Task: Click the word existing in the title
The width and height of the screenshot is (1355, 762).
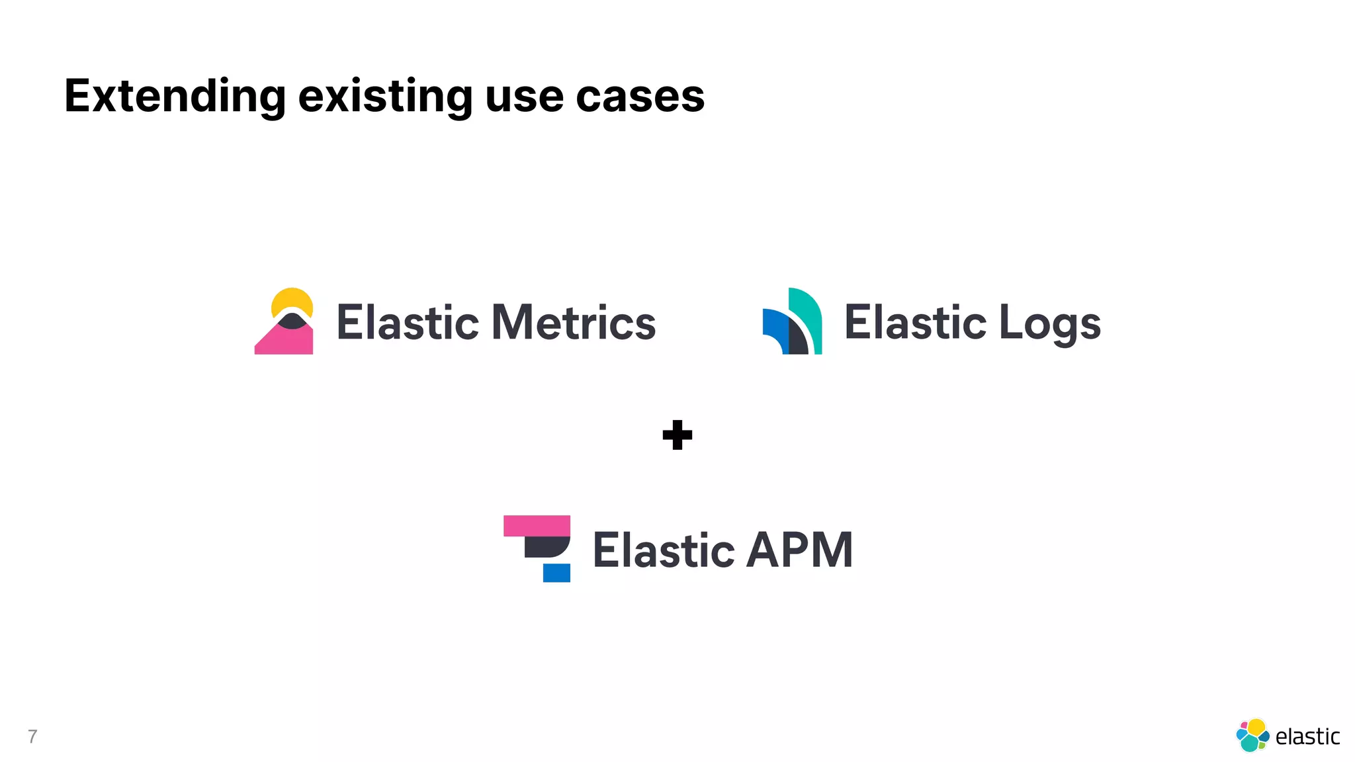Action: pyautogui.click(x=385, y=97)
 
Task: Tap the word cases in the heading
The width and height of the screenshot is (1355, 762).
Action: pyautogui.click(x=640, y=97)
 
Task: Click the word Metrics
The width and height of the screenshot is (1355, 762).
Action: pyautogui.click(x=573, y=323)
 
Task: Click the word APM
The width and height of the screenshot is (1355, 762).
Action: pyautogui.click(x=799, y=550)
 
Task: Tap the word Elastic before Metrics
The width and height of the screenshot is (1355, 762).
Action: pyautogui.click(x=408, y=323)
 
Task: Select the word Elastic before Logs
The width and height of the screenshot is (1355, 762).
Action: pyautogui.click(x=915, y=323)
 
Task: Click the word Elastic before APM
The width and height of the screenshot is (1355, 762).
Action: pyautogui.click(x=663, y=550)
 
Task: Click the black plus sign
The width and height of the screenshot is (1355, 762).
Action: pyautogui.click(x=677, y=435)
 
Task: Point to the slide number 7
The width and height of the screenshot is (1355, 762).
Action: pyautogui.click(x=32, y=736)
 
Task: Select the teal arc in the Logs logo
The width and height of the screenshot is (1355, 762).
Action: pyautogui.click(x=810, y=314)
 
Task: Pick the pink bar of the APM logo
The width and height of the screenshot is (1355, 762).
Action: pyautogui.click(x=537, y=526)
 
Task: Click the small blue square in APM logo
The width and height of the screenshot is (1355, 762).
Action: pyautogui.click(x=556, y=573)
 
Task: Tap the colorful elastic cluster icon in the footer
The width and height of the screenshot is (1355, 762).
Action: pyautogui.click(x=1252, y=736)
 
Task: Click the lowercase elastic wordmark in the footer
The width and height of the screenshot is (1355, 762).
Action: pyautogui.click(x=1307, y=736)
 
